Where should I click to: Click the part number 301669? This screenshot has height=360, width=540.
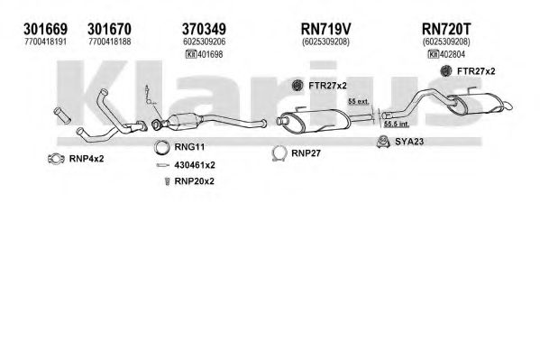45,29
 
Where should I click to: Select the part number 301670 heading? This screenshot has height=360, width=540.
109,29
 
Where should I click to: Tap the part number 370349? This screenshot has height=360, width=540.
204,29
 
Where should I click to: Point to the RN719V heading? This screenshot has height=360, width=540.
325,29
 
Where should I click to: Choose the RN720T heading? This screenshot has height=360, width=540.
446,29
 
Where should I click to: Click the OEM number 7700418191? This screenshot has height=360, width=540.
45,42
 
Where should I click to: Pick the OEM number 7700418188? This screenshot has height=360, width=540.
109,42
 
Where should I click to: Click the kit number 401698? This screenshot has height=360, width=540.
210,54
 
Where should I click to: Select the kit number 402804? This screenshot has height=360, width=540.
453,54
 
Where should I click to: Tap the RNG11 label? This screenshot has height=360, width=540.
189,147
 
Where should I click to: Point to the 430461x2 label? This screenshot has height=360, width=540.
195,165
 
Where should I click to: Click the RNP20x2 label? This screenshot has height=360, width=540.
194,181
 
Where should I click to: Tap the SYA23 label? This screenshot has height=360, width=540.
409,142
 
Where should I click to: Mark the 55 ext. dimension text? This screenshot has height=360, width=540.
359,101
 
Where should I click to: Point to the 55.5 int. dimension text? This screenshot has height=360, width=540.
396,125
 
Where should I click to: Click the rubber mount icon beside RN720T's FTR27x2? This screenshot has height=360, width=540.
446,71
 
